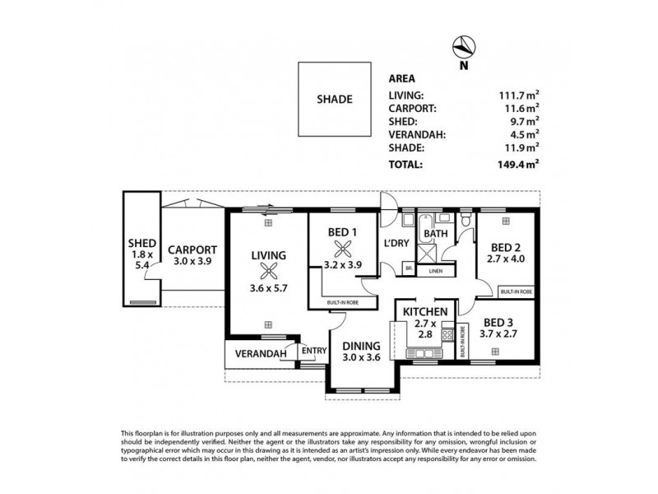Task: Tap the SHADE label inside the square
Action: click(334, 100)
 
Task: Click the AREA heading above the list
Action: click(401, 80)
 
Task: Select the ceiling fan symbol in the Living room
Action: click(267, 274)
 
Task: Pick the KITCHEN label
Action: click(424, 311)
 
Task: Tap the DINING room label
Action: click(361, 346)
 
